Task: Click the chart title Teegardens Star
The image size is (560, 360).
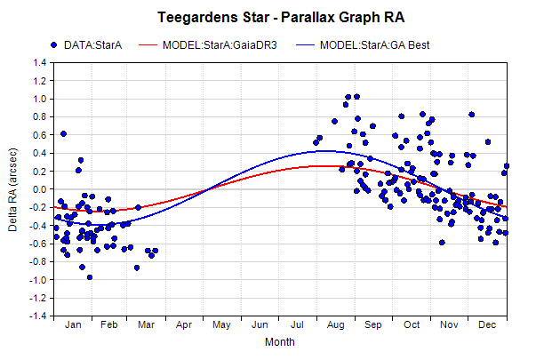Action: (213, 17)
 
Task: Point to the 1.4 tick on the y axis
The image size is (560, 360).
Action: (40, 63)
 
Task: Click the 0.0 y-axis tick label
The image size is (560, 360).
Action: (40, 189)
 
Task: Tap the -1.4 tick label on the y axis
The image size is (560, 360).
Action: (38, 316)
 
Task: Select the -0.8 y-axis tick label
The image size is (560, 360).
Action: (38, 262)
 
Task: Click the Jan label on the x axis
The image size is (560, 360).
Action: (73, 324)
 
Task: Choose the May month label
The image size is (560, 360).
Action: (221, 324)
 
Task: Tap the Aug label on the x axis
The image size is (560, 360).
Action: (336, 324)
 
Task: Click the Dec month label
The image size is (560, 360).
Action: (487, 324)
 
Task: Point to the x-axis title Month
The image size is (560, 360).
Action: (280, 342)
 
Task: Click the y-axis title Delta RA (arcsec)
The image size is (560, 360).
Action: (12, 189)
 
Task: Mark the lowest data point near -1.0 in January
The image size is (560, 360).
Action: (90, 277)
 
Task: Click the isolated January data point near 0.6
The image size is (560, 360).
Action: (63, 134)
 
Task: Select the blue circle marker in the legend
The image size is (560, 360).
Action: (54, 45)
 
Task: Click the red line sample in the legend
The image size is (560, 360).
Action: (148, 45)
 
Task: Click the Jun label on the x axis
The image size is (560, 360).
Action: (260, 324)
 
